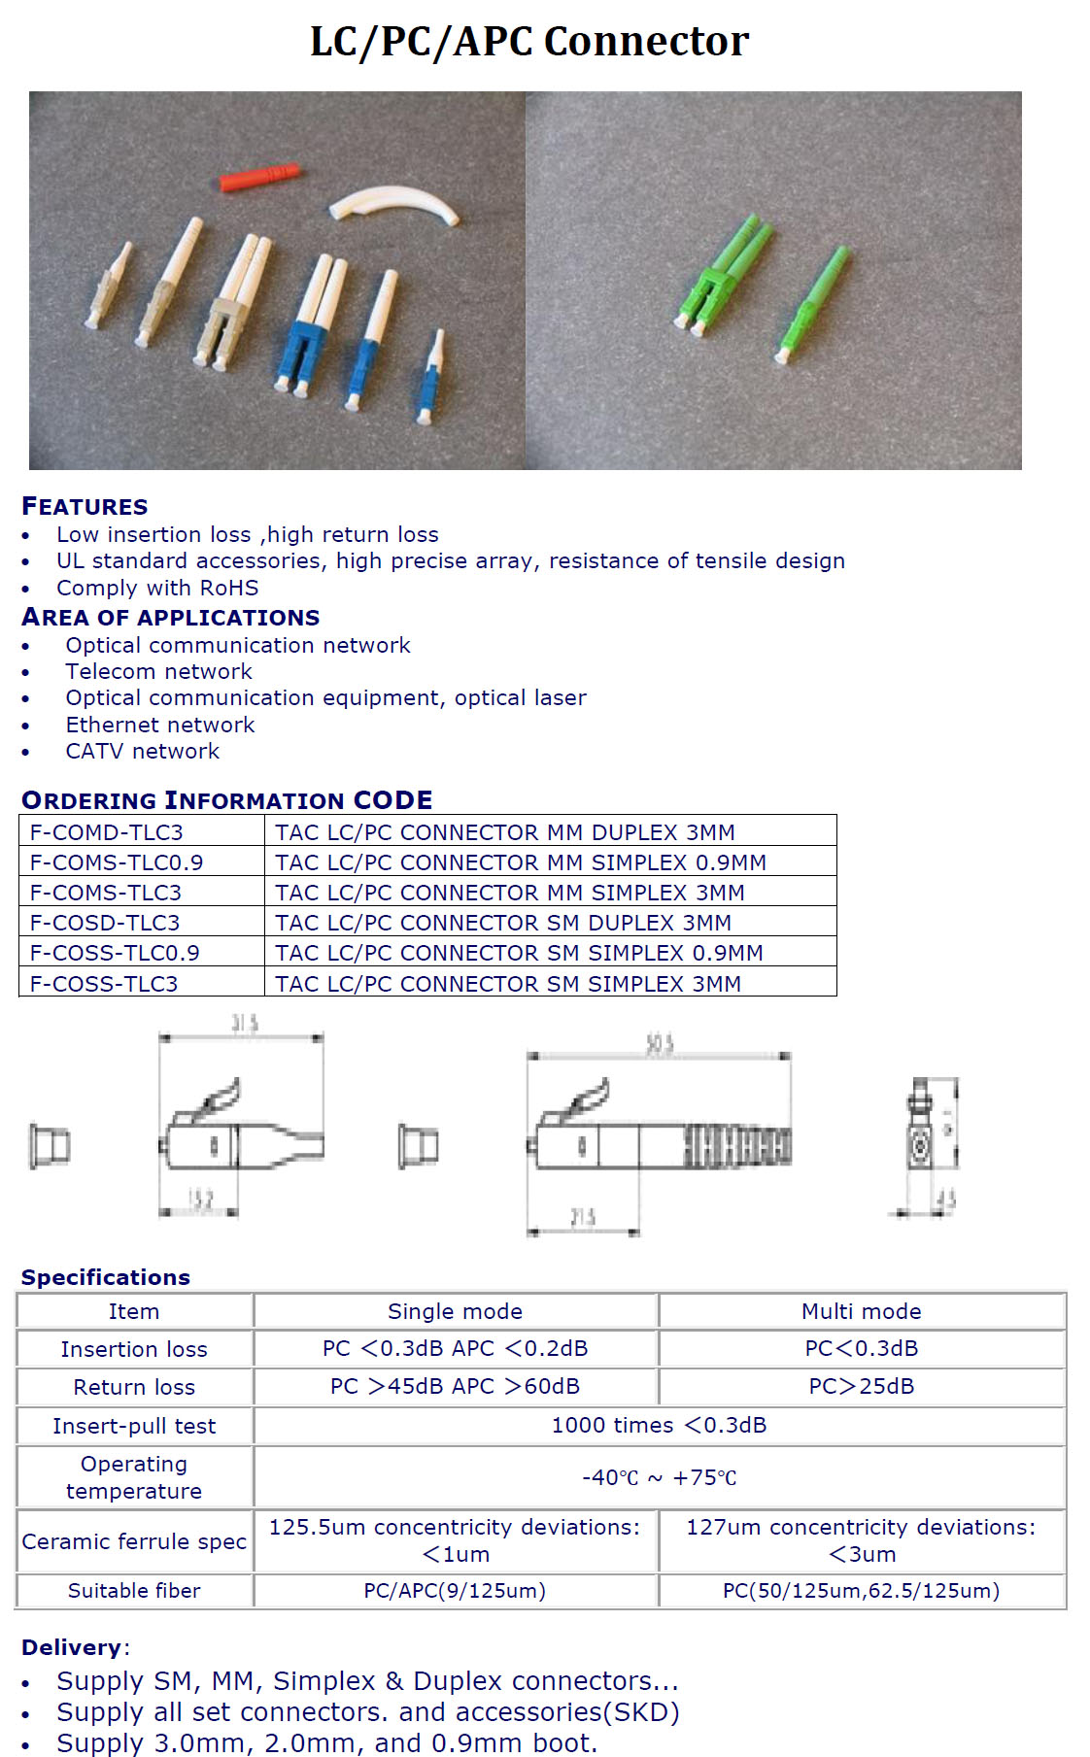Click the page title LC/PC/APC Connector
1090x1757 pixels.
(x=529, y=42)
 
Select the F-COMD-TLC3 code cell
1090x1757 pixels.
(x=107, y=831)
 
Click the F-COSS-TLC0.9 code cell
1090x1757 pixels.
(x=115, y=952)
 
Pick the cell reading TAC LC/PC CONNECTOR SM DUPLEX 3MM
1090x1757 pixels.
(x=503, y=922)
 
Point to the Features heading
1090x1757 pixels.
(x=85, y=506)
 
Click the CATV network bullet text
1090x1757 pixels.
(x=142, y=751)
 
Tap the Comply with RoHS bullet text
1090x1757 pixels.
(x=157, y=588)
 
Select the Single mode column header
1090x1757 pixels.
(x=455, y=1311)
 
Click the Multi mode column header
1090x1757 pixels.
(x=861, y=1311)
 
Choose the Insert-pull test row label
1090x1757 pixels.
(x=134, y=1426)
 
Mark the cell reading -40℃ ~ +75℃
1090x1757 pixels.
(x=659, y=1477)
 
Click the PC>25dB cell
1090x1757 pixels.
(x=861, y=1386)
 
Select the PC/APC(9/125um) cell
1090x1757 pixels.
(x=455, y=1590)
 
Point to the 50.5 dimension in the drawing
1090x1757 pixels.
(x=660, y=1045)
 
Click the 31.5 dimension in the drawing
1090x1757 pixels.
(x=244, y=1024)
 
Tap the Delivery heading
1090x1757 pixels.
(x=72, y=1647)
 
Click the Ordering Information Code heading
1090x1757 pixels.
(x=226, y=800)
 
